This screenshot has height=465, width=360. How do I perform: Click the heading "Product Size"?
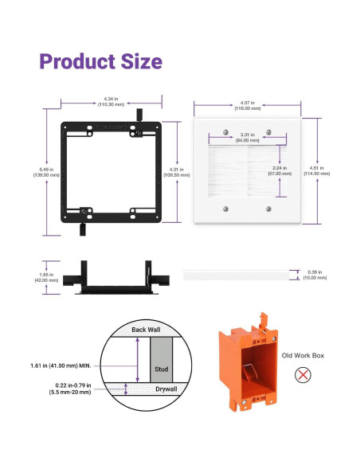[100, 61]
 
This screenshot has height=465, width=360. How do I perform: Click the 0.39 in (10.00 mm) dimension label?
[316, 275]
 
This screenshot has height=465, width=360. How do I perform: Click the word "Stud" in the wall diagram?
[161, 369]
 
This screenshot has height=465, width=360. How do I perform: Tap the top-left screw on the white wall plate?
[226, 131]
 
